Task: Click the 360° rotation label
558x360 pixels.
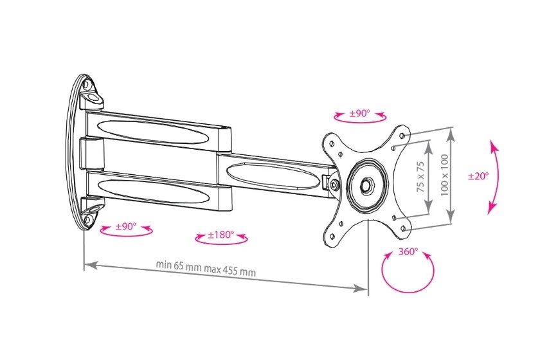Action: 408,252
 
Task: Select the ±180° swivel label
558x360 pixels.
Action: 221,235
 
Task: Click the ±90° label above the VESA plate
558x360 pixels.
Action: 359,114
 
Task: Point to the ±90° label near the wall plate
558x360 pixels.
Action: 125,226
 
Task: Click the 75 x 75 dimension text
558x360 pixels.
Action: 420,177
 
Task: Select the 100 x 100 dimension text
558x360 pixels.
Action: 444,175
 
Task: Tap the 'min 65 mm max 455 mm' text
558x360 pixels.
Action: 206,268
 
